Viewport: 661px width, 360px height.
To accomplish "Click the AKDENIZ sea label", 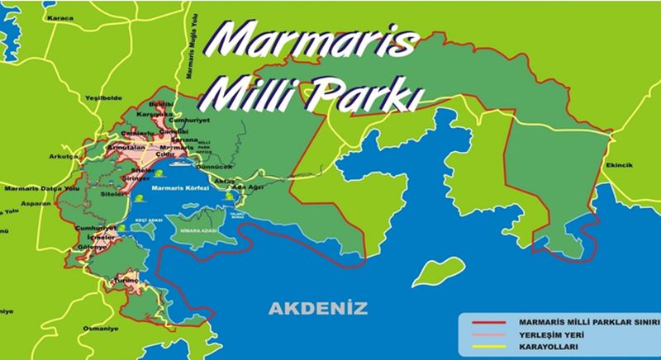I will (x=317, y=310).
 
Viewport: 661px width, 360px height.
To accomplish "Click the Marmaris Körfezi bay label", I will (x=181, y=188).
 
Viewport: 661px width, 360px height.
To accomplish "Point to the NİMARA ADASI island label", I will (x=198, y=233).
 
